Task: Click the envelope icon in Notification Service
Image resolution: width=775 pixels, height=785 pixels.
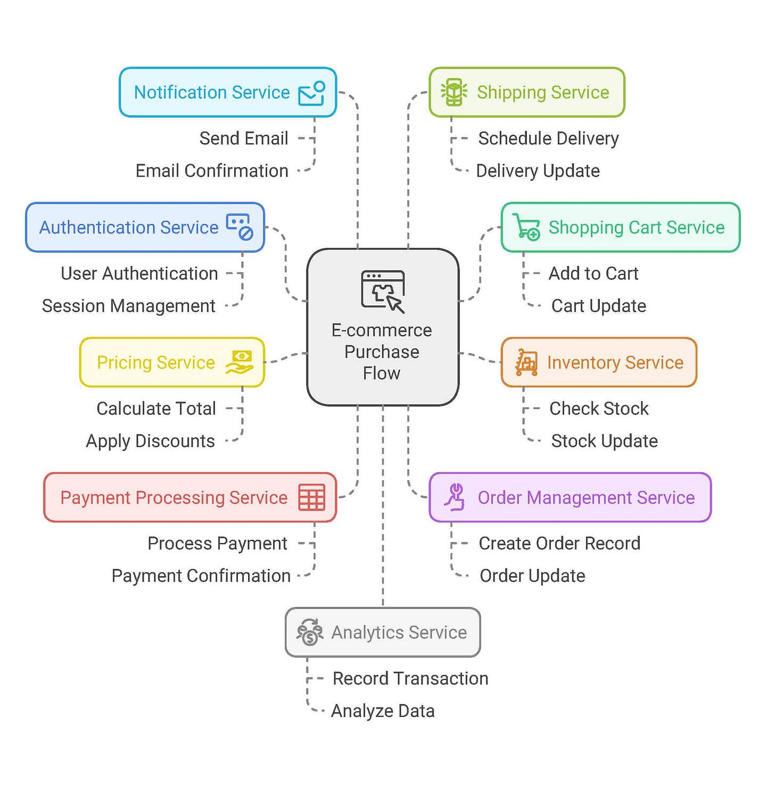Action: [311, 93]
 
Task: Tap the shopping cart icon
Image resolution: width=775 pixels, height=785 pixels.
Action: [526, 227]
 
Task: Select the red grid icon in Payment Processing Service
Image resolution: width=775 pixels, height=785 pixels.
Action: [311, 497]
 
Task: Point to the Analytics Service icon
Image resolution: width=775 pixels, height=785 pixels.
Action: [310, 632]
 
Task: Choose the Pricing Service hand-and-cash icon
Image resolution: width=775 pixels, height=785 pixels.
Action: [240, 362]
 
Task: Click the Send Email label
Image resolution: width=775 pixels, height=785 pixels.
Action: [244, 138]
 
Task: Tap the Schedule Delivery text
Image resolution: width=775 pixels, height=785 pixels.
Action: [548, 138]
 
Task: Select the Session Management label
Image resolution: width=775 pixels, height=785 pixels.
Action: [129, 306]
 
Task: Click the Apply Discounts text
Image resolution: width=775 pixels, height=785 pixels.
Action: [151, 441]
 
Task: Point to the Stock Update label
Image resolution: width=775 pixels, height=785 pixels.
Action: [604, 441]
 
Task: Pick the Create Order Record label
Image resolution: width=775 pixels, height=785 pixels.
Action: [559, 543]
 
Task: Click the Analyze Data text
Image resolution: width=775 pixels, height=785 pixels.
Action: [383, 711]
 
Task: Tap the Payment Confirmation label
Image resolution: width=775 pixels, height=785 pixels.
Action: [201, 575]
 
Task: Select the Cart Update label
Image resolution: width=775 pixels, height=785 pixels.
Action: [598, 306]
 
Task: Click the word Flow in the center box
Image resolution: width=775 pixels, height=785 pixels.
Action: [382, 373]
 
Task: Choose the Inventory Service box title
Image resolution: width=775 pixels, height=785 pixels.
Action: [615, 362]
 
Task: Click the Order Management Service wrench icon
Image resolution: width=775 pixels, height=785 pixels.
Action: [455, 497]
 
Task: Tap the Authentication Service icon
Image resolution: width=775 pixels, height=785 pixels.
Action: [240, 227]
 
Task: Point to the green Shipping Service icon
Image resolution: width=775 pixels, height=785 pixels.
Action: [454, 92]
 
